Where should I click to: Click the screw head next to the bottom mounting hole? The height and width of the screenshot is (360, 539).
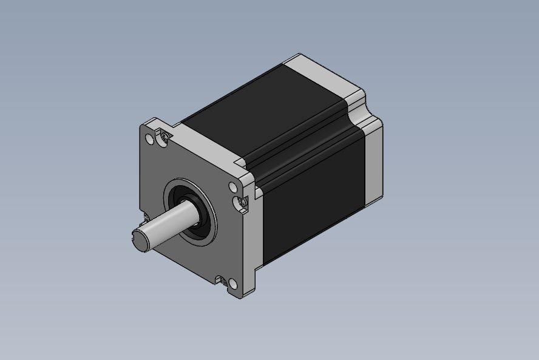[x=231, y=282]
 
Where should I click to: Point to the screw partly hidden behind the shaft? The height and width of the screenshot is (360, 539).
[x=146, y=217]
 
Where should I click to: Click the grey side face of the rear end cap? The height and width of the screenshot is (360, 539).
[x=373, y=164]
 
